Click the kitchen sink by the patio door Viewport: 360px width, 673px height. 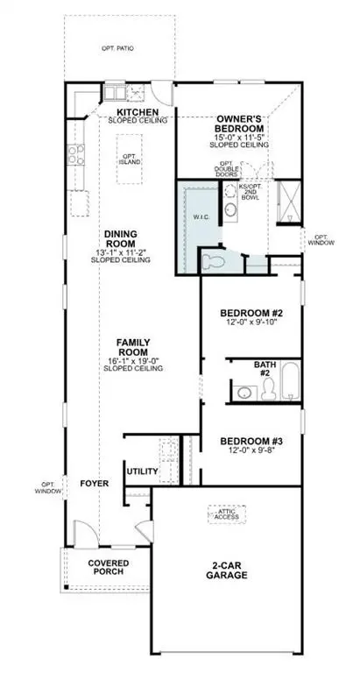[x=116, y=92]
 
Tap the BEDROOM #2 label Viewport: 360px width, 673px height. [x=251, y=313]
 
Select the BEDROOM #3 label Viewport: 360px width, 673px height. [x=251, y=442]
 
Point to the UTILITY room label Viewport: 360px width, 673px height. [x=142, y=471]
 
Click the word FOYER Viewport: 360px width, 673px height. [x=93, y=483]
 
